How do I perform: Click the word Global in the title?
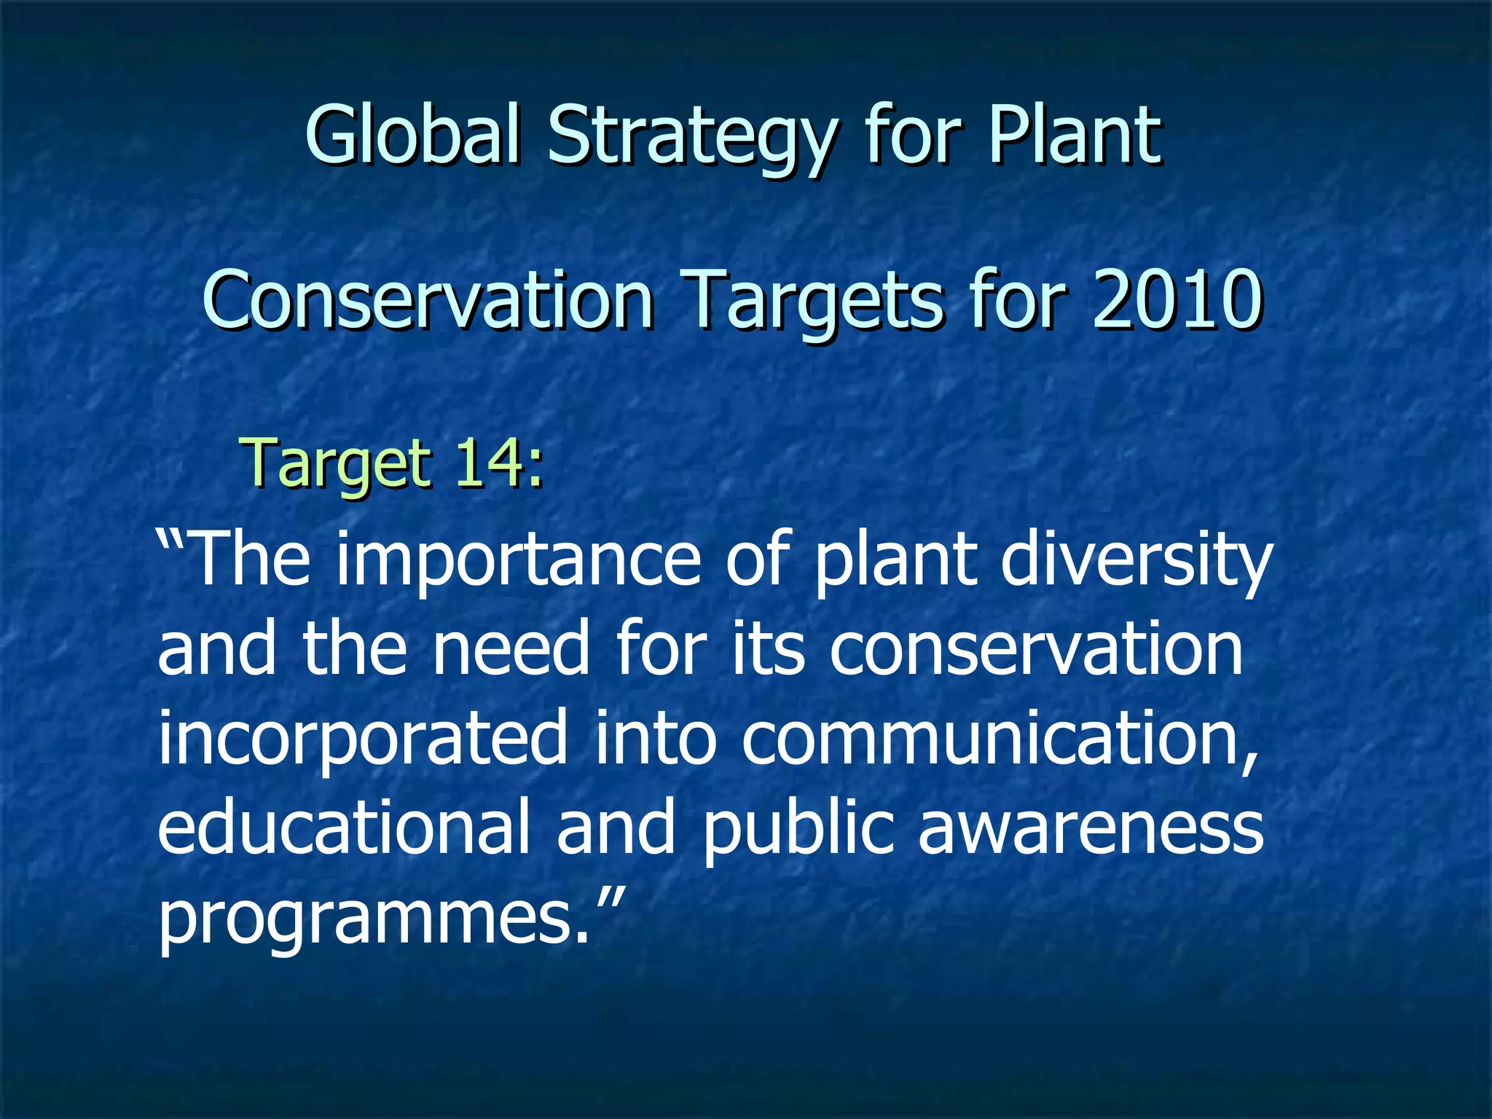point(413,135)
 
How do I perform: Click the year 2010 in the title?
point(1177,299)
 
